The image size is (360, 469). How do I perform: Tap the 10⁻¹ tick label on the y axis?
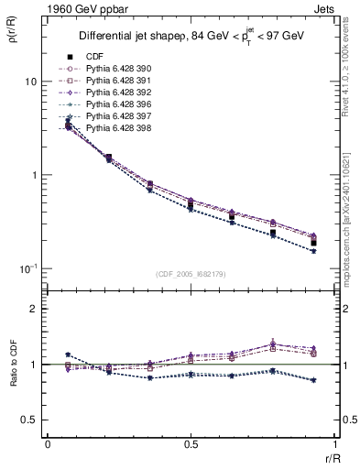pyautogui.click(x=28, y=267)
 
